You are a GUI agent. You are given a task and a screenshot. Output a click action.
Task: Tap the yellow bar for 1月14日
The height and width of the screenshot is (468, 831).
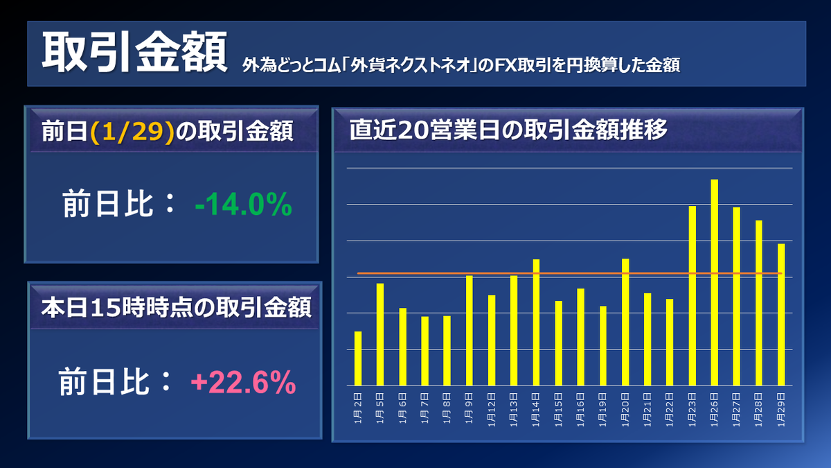[536, 322]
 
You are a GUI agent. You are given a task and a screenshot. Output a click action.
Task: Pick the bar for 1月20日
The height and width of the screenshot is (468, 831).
[625, 322]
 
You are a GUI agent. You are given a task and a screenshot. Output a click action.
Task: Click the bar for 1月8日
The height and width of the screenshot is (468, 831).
[447, 350]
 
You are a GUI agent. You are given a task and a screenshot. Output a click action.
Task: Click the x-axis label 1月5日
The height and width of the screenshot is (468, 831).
[380, 404]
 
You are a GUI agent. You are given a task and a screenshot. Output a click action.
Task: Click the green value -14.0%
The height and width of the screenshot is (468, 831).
[243, 205]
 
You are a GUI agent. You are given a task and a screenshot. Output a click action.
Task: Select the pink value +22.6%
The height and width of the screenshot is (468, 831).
[243, 382]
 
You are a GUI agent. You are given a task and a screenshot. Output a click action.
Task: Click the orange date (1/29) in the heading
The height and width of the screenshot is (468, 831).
[132, 132]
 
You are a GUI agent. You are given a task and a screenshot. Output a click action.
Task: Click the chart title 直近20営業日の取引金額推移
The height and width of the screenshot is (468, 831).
[508, 130]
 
